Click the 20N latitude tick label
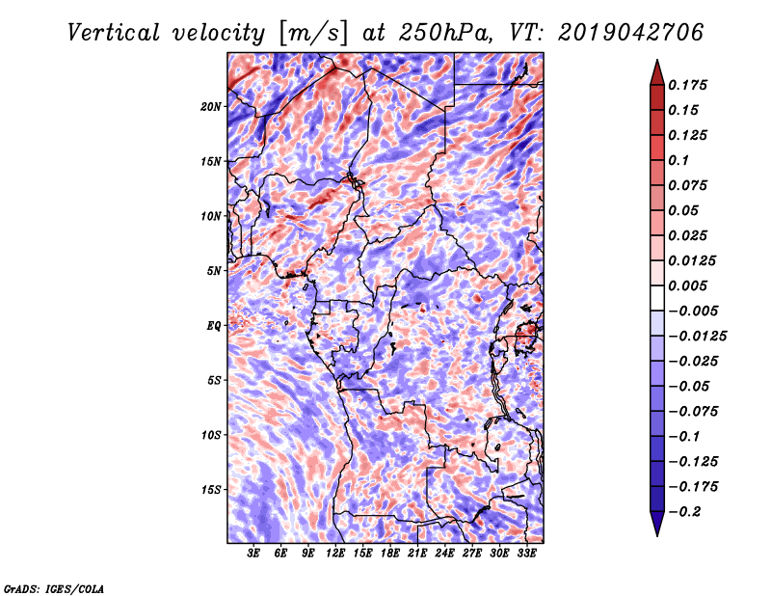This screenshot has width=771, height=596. (x=210, y=107)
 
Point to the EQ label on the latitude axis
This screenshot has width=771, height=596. (x=213, y=326)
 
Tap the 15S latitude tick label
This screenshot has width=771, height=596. (x=210, y=490)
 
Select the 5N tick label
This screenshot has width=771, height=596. (x=213, y=271)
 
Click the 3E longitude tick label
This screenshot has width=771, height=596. (x=253, y=554)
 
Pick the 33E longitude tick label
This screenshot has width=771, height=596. (x=526, y=554)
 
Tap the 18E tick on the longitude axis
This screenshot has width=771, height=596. (x=390, y=554)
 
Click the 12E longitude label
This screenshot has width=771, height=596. (x=335, y=554)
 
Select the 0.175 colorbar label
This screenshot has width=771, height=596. (x=687, y=85)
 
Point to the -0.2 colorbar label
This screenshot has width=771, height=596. (x=683, y=512)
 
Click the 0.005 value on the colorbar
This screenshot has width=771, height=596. (x=687, y=285)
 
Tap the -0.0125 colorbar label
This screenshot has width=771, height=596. (x=697, y=337)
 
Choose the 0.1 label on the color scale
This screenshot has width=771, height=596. (x=678, y=160)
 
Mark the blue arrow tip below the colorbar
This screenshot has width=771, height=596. (x=657, y=535)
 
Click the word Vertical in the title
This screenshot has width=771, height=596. (x=114, y=33)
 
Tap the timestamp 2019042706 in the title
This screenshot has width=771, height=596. (x=631, y=33)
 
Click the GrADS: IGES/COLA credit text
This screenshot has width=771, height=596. (x=54, y=589)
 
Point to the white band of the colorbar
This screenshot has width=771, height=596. (x=657, y=298)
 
